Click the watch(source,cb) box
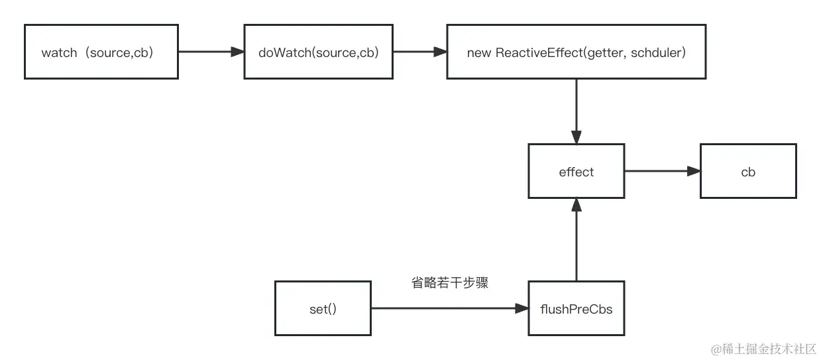pyautogui.click(x=101, y=52)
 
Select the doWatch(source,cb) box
pyautogui.click(x=319, y=52)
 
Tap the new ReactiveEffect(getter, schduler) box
pyautogui.click(x=576, y=52)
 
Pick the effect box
pyautogui.click(x=576, y=172)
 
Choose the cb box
pyautogui.click(x=748, y=172)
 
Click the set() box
pyautogui.click(x=323, y=308)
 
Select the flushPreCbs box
pyautogui.click(x=576, y=308)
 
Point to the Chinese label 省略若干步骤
pyautogui.click(x=449, y=283)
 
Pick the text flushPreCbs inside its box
pyautogui.click(x=576, y=308)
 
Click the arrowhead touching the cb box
pyautogui.click(x=694, y=172)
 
